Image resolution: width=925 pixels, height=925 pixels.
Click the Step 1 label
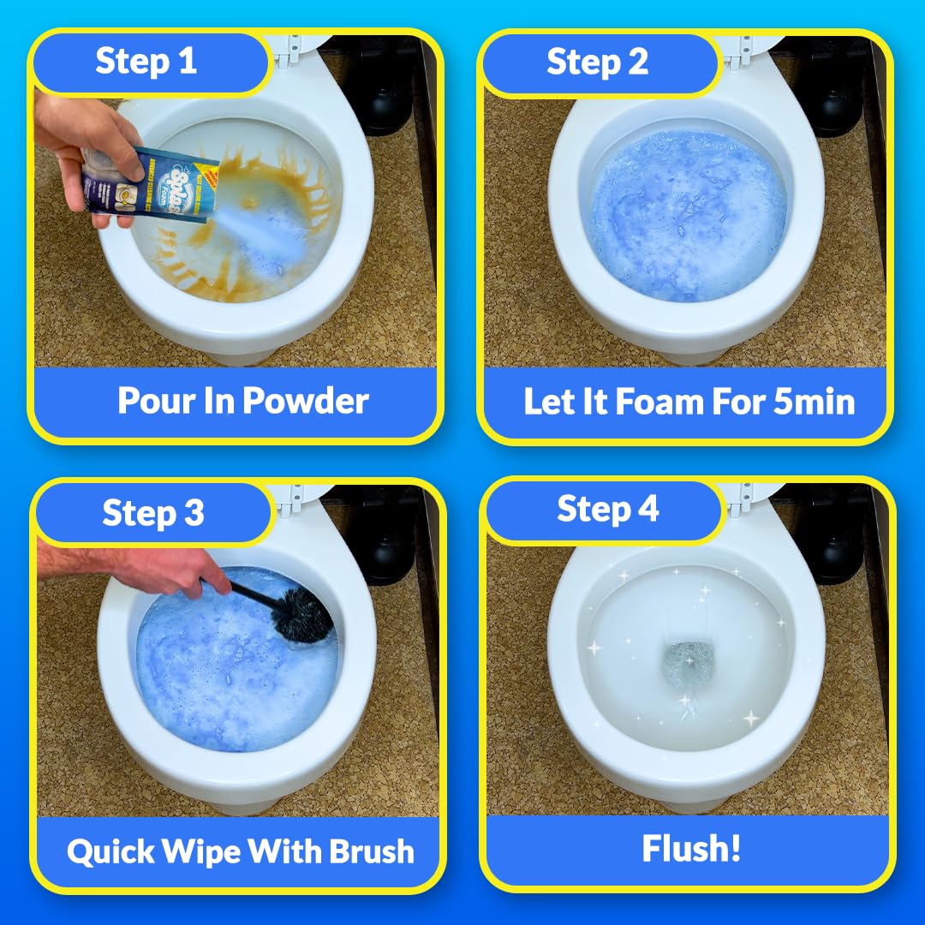146,62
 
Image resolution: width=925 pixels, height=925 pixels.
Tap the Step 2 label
597,63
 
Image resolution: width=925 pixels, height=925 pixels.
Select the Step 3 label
152,512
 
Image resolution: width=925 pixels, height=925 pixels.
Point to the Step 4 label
607,509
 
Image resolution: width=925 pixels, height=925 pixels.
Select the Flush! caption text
691,849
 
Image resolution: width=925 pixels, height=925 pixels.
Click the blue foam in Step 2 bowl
685,227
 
